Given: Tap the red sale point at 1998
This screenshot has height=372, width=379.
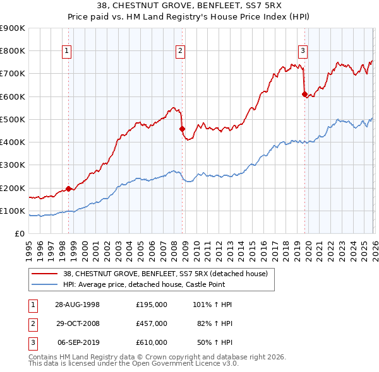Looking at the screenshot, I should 68,189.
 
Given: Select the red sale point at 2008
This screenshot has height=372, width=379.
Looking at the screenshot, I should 182,129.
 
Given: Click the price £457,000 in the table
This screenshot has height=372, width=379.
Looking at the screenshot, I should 152,323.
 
